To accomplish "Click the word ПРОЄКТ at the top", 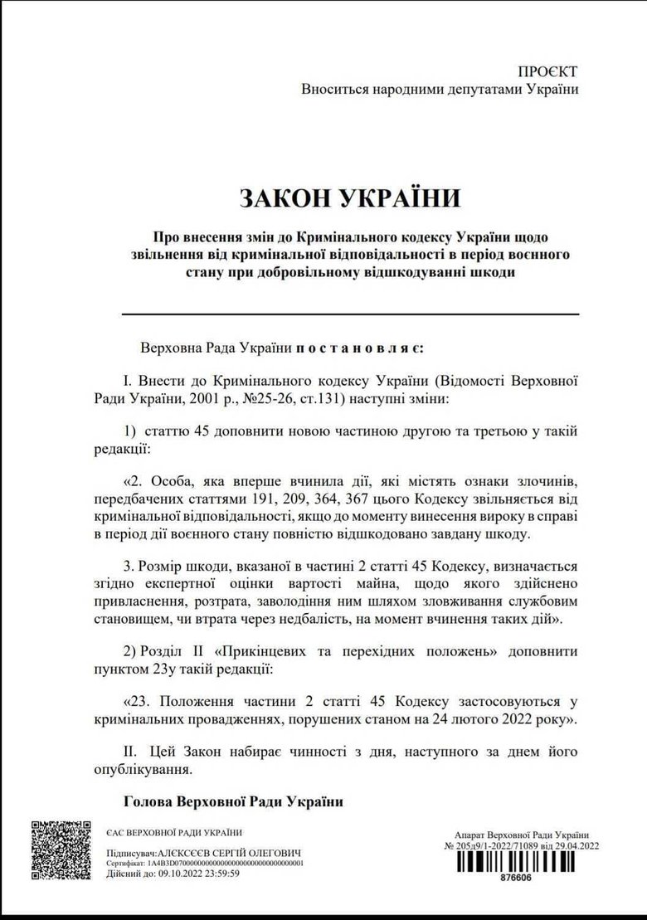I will [x=547, y=72].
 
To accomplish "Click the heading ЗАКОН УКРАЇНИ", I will [x=349, y=197].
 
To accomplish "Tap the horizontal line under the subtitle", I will [x=350, y=314].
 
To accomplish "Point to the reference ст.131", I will [x=328, y=399].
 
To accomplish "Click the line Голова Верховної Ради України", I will [x=232, y=801].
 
